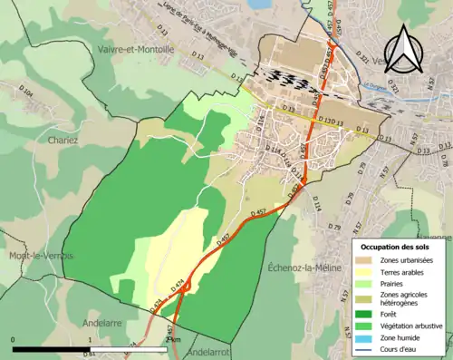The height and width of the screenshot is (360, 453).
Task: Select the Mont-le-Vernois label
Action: pos(34,257)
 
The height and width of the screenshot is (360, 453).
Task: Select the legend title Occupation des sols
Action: pos(397,247)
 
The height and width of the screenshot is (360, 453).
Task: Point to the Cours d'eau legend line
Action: pos(362,347)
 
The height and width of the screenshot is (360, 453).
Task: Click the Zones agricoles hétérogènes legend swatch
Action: pos(362,297)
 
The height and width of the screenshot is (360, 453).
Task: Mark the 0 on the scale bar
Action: pos(13,340)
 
